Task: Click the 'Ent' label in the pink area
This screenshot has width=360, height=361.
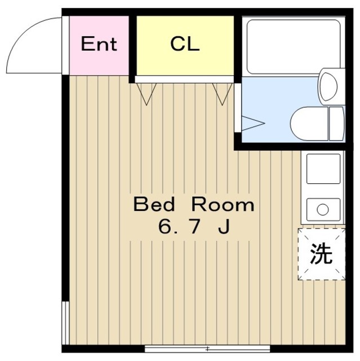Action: (99, 45)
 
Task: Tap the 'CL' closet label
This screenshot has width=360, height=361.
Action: (185, 45)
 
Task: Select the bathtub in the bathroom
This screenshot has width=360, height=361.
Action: (294, 46)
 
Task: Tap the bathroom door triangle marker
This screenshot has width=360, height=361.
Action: (252, 124)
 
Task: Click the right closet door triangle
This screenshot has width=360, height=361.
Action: (220, 94)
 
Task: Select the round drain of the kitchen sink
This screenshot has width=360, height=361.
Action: (322, 210)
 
